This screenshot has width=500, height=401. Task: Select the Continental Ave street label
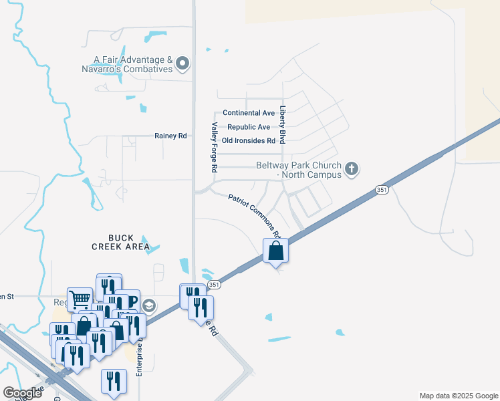[249, 113]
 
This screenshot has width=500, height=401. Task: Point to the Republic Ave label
[249, 127]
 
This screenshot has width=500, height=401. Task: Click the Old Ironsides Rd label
[249, 141]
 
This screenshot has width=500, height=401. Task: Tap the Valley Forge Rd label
[215, 148]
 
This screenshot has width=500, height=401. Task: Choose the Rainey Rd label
[170, 136]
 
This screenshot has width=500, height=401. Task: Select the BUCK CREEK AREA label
[112, 242]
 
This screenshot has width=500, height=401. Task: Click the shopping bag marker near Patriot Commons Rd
[275, 251]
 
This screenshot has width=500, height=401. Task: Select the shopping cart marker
[80, 299]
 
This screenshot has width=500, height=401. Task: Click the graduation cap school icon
[150, 305]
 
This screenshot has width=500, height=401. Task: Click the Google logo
[23, 393]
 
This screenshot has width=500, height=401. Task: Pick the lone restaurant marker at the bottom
[114, 382]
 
